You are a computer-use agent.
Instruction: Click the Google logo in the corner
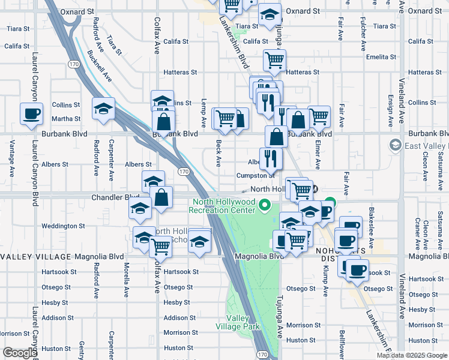(x=19, y=353)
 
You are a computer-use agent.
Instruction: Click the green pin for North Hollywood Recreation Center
(x=264, y=207)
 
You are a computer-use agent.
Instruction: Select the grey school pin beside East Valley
(x=395, y=145)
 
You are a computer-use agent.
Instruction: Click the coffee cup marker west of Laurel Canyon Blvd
(x=31, y=113)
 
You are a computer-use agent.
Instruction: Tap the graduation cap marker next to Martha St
(x=104, y=109)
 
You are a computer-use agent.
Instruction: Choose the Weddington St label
(x=63, y=226)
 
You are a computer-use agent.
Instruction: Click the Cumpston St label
(x=255, y=175)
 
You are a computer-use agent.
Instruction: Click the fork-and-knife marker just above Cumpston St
(x=271, y=158)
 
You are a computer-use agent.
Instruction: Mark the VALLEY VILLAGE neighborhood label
(x=35, y=257)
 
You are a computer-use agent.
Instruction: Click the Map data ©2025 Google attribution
(x=411, y=355)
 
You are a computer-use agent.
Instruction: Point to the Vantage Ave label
(x=12, y=158)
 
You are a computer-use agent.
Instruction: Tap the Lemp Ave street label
(x=204, y=113)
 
